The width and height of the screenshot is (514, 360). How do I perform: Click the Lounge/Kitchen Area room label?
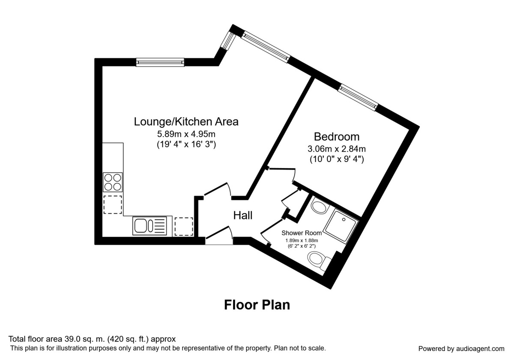pyautogui.click(x=186, y=122)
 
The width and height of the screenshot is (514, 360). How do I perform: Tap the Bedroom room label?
pyautogui.click(x=337, y=137)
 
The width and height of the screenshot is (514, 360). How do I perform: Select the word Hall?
pyautogui.click(x=243, y=216)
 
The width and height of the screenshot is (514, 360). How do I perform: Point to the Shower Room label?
pyautogui.click(x=302, y=233)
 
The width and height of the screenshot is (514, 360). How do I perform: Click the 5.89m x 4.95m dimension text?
pyautogui.click(x=186, y=134)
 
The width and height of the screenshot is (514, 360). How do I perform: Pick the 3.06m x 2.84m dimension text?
pyautogui.click(x=337, y=149)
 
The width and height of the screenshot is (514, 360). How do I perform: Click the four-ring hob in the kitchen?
pyautogui.click(x=113, y=181)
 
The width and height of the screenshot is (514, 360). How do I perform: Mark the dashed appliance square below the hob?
pyautogui.click(x=113, y=204)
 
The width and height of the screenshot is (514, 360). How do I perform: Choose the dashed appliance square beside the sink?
pyautogui.click(x=184, y=226)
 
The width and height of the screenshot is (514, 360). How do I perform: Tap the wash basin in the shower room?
pyautogui.click(x=319, y=207)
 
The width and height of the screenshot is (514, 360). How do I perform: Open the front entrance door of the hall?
pyautogui.click(x=219, y=238)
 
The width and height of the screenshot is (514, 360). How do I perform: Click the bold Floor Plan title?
pyautogui.click(x=257, y=305)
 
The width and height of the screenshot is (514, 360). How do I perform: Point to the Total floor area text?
pyautogui.click(x=93, y=339)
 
